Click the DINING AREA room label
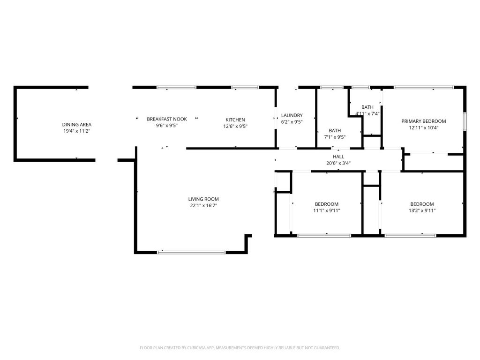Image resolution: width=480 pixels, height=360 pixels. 77,124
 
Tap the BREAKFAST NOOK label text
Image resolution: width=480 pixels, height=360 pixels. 167,119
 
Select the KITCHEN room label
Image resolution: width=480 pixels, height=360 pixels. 235,120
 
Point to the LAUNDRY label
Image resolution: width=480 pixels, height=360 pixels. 292,115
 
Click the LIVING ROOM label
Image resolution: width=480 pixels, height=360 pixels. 203,199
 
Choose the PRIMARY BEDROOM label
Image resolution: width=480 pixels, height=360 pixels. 424,121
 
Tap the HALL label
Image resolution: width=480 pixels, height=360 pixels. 338,157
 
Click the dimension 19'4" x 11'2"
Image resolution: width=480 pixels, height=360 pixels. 77,131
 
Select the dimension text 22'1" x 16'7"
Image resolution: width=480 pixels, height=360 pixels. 203,205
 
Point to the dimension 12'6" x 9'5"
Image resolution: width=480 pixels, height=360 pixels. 235,126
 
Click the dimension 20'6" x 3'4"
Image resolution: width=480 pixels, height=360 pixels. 338,163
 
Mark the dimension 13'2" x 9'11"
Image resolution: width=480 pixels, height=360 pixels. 422,210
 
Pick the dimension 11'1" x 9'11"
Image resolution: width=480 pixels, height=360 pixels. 327,210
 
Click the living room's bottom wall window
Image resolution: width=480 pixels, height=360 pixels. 191,252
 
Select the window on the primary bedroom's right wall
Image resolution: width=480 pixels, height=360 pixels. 465,120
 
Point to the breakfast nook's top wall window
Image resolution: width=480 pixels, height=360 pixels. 176,87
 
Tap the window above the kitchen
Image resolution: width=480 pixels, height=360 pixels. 245,87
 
